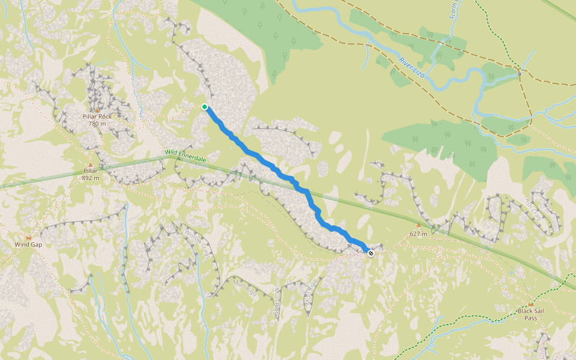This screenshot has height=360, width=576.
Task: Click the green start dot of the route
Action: tap(205, 107)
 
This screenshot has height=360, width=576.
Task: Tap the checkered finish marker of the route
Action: tap(371, 253)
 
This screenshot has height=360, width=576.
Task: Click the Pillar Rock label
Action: tap(97, 116)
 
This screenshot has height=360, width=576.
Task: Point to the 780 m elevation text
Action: tap(97, 124)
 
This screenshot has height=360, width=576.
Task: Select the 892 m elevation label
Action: tap(91, 178)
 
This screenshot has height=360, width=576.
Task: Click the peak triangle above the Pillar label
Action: tap(91, 164)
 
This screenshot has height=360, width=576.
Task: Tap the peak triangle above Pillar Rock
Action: tap(97, 110)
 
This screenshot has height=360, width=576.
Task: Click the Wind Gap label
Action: tap(28, 244)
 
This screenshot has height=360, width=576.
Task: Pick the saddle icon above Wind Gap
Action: tap(28, 238)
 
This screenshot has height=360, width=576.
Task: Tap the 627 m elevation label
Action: tap(418, 233)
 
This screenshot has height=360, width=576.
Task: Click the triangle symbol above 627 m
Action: tap(419, 226)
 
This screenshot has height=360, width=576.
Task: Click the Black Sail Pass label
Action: tap(531, 314)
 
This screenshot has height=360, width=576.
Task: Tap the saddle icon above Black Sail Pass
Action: tap(531, 304)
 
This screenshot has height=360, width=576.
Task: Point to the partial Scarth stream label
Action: tap(454, 11)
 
